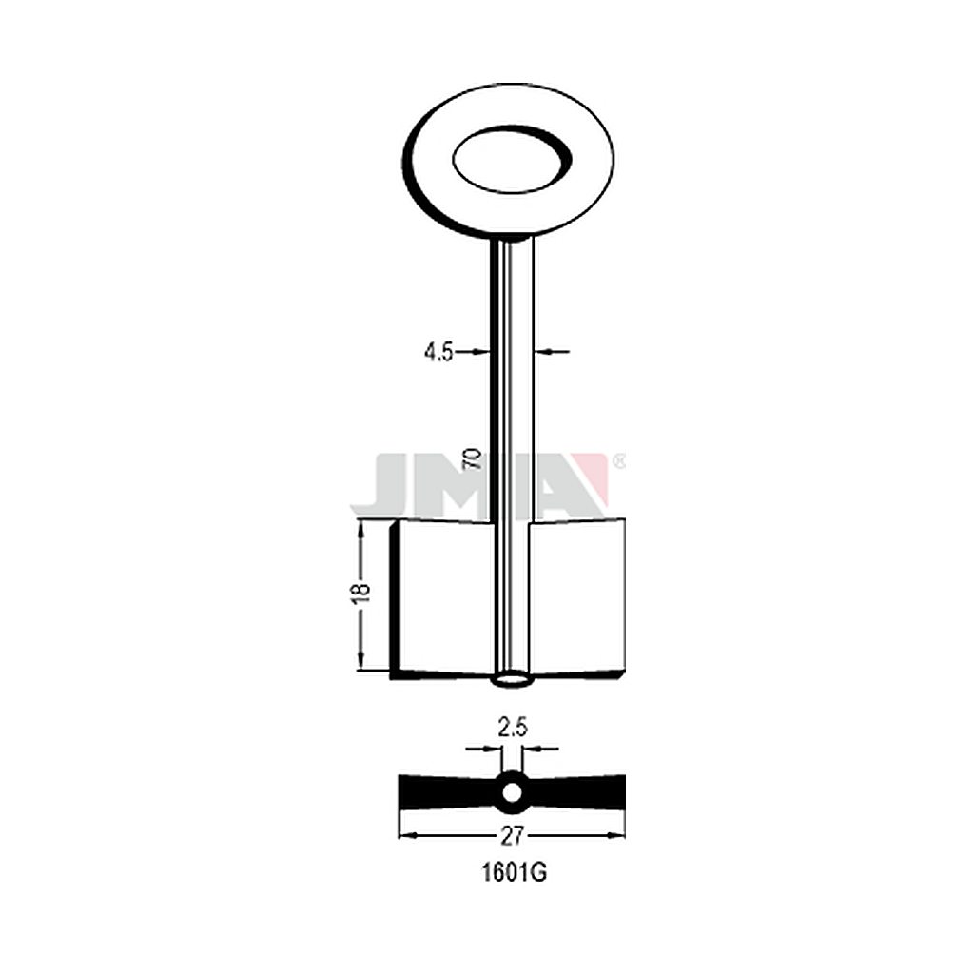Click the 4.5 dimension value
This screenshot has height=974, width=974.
point(438,353)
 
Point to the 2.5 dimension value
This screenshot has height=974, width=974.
point(513,727)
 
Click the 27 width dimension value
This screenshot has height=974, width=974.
point(513,836)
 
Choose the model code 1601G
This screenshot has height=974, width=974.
point(514,873)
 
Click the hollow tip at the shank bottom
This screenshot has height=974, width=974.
point(513,681)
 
